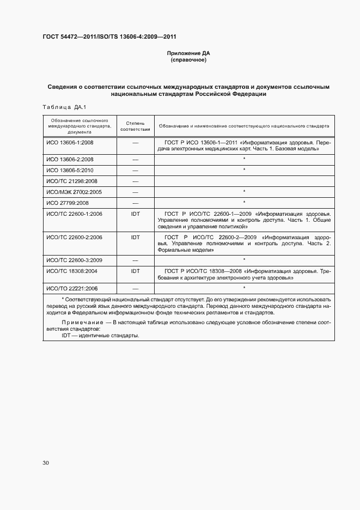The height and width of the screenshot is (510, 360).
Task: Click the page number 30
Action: tap(46, 463)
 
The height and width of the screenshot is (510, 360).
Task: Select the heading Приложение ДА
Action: tap(188, 53)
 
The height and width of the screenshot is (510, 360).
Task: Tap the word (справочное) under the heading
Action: tap(188, 60)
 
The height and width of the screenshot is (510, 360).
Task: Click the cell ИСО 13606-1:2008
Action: tap(70, 142)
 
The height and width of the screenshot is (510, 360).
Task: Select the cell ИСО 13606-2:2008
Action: tap(70, 159)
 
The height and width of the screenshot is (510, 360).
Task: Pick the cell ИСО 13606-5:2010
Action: tap(70, 170)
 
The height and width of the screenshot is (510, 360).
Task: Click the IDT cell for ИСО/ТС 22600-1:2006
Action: tap(135, 214)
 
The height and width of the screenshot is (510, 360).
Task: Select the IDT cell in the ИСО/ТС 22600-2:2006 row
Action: tap(135, 238)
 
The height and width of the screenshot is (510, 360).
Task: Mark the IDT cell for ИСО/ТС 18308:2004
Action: tap(135, 271)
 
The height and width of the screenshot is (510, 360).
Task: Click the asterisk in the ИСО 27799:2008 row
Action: tap(244, 203)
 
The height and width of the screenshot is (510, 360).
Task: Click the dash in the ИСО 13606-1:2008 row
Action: tap(135, 142)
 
